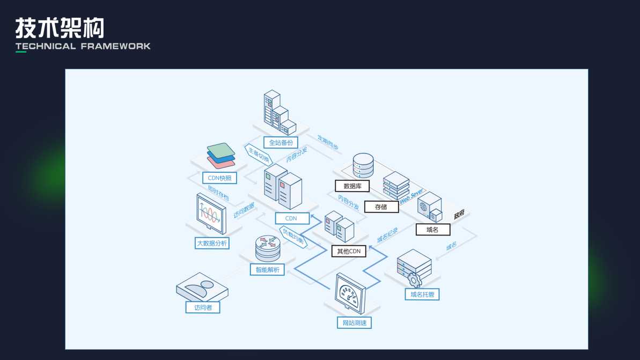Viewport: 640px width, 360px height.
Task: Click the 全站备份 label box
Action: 281,143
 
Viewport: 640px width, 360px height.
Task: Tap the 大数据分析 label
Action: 212,243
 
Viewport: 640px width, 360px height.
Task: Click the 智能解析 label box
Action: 267,269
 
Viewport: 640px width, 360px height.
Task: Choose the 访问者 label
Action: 203,307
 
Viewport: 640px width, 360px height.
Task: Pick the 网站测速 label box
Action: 354,322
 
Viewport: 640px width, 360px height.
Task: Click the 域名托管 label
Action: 422,294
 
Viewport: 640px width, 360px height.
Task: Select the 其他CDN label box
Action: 349,251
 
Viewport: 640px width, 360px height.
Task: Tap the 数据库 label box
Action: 352,186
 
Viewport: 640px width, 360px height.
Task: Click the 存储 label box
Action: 381,207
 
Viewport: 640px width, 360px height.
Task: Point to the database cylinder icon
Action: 363,166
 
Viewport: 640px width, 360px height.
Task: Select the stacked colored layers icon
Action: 221,156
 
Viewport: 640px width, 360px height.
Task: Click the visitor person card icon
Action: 201,290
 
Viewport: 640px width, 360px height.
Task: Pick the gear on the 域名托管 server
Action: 414,280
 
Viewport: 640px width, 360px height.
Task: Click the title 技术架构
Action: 60,27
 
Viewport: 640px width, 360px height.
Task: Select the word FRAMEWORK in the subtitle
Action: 115,46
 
